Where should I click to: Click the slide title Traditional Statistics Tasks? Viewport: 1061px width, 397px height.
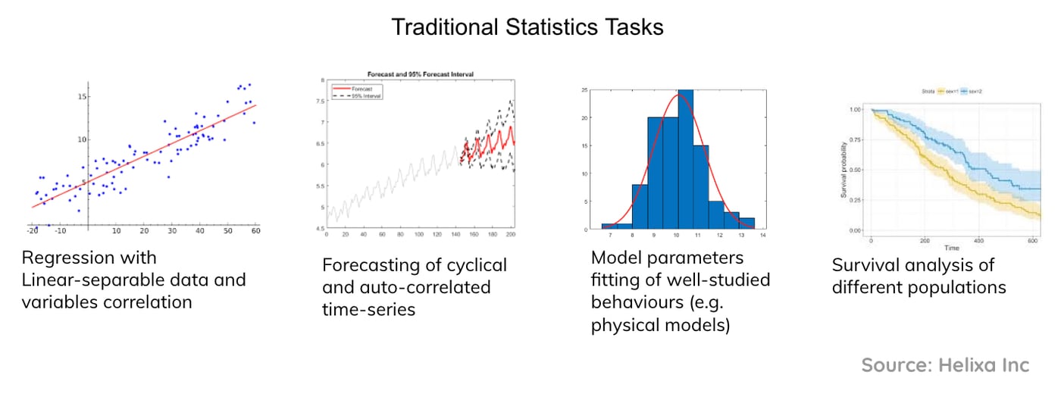[527, 28]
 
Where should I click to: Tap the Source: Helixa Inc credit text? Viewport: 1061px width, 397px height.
[945, 365]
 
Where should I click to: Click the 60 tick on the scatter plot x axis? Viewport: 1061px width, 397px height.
[257, 230]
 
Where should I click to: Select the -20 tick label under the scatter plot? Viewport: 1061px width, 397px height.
[32, 230]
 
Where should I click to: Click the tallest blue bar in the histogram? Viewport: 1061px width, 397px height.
[684, 159]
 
